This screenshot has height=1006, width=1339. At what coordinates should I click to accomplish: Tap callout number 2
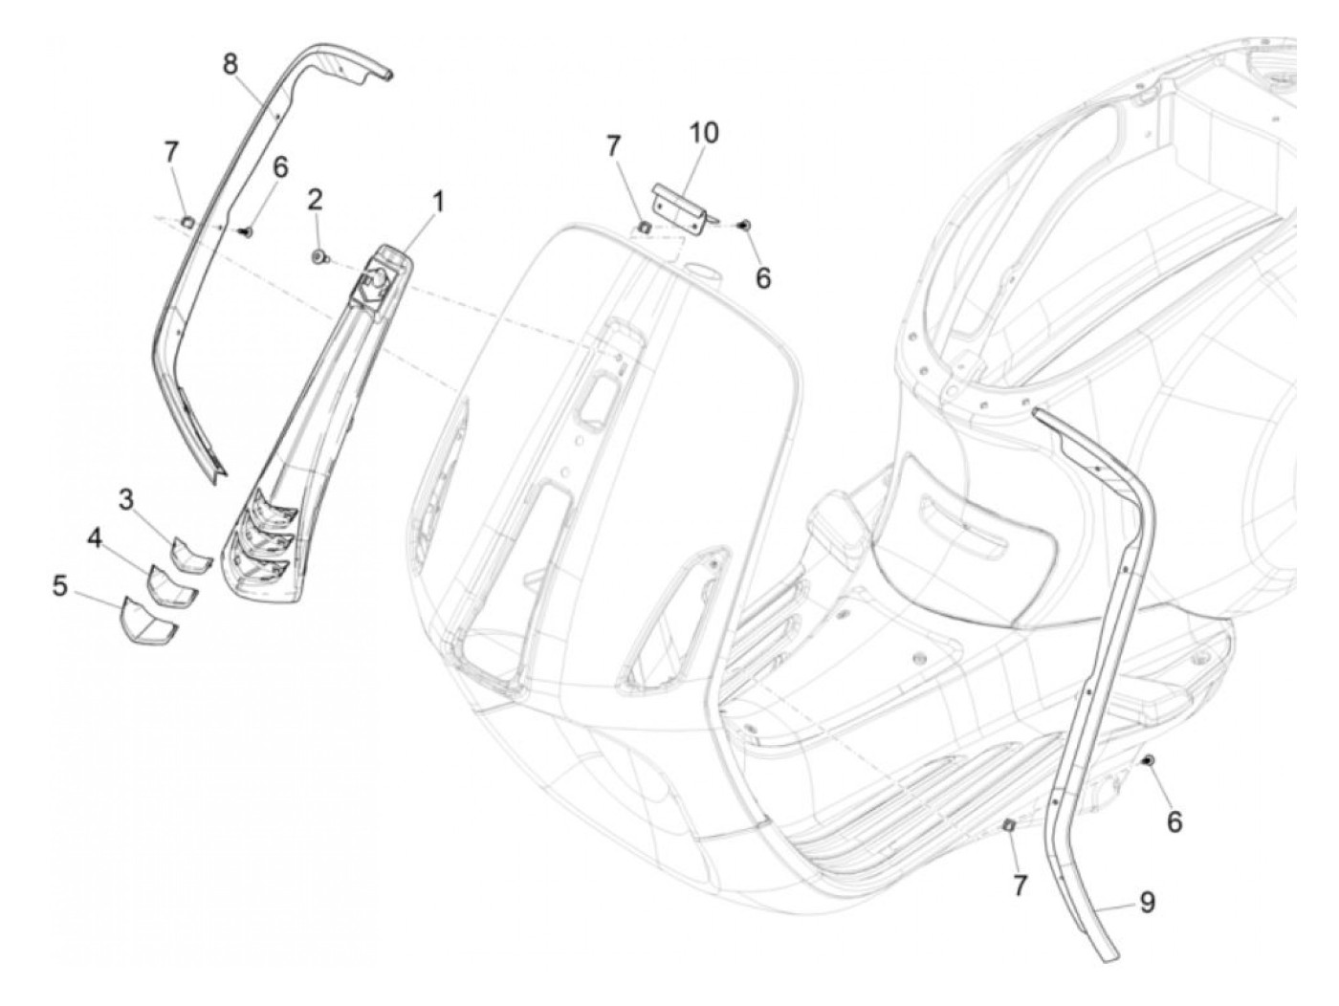[315, 200]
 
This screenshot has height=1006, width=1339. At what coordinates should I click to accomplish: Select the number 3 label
[126, 498]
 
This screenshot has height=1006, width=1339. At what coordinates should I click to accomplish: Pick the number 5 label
[60, 585]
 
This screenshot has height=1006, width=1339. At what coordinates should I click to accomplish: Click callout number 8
[230, 64]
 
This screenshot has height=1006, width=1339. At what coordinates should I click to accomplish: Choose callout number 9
[1146, 901]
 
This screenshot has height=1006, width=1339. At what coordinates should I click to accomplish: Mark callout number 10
[704, 132]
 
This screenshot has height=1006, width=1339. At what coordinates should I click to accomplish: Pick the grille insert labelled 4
[171, 584]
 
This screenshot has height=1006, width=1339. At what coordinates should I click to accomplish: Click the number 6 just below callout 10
[762, 277]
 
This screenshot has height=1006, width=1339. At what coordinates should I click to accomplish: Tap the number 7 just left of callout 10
[613, 145]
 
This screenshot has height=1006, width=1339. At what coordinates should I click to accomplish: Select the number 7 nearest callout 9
[1021, 886]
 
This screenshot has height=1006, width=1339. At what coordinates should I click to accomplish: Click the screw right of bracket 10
[744, 225]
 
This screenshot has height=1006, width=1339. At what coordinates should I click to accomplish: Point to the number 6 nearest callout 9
[1174, 821]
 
